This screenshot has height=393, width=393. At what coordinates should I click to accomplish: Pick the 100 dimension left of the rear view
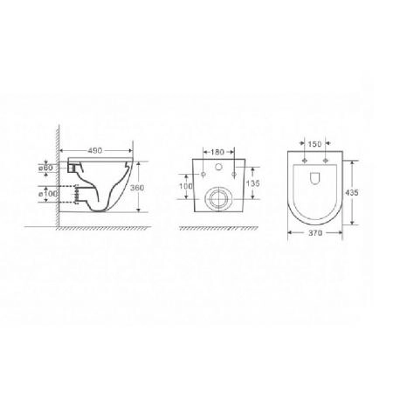[x=185, y=186]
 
